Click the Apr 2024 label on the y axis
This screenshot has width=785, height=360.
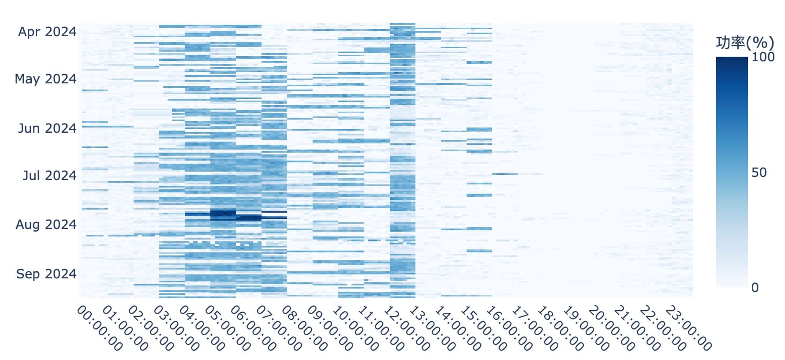(x=47, y=32)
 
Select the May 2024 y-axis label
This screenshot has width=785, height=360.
(x=45, y=79)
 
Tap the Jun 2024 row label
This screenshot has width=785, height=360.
(x=47, y=128)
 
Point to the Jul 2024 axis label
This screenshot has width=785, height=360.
(x=49, y=176)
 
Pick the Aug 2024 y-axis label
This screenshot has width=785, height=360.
(x=46, y=225)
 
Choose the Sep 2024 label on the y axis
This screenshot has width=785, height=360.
(x=46, y=274)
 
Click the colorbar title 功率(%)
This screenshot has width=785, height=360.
(x=745, y=43)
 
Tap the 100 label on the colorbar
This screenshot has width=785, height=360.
(x=763, y=57)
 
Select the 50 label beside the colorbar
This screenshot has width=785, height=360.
(x=759, y=172)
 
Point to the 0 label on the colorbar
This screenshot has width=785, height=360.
(x=755, y=288)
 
